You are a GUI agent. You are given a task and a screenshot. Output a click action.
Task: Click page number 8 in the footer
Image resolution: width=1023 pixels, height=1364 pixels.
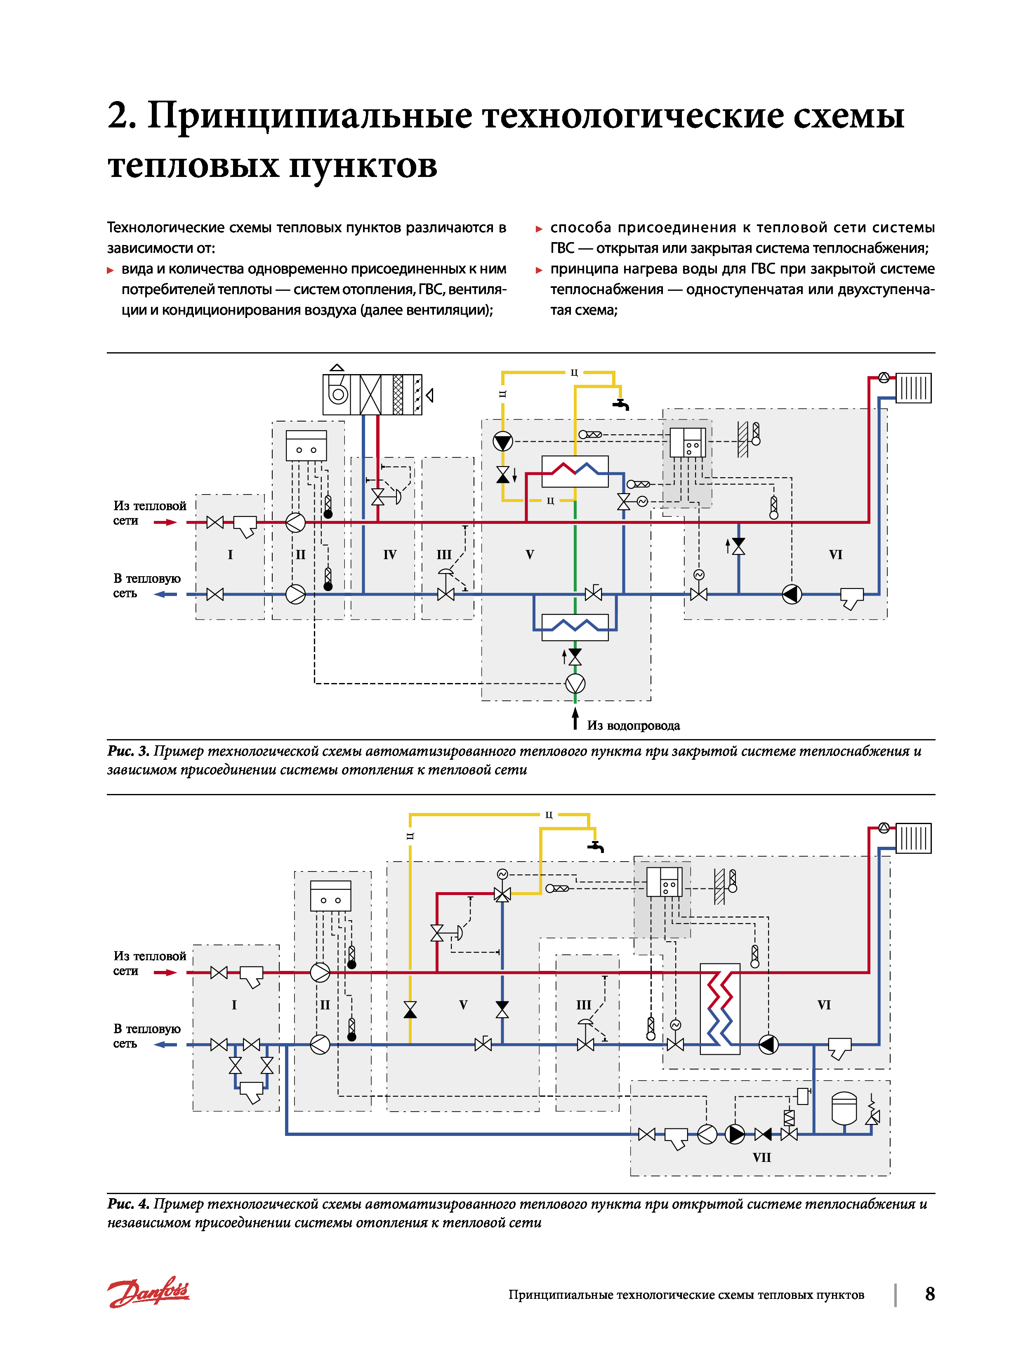click(930, 1294)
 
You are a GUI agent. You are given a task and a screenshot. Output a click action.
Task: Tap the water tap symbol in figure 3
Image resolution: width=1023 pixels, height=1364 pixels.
click(622, 404)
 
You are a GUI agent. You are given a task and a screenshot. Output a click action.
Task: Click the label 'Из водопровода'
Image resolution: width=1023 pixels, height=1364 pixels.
click(633, 726)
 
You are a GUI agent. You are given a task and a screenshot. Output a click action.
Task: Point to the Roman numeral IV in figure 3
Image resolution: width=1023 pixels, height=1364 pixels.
click(390, 554)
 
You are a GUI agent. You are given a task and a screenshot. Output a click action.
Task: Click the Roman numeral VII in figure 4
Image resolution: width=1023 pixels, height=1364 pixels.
click(761, 1157)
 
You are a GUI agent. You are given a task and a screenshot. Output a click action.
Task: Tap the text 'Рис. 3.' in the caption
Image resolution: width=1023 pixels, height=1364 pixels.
click(128, 751)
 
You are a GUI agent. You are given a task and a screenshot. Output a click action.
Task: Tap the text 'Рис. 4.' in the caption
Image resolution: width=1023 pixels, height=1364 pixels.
click(128, 1204)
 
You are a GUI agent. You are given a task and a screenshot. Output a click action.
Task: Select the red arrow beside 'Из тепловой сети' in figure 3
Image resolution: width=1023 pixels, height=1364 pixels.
click(165, 522)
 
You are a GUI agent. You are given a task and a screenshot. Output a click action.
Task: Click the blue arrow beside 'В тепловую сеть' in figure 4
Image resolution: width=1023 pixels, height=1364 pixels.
click(165, 1045)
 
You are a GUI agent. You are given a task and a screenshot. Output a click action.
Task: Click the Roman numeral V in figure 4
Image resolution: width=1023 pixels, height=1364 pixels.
click(463, 1004)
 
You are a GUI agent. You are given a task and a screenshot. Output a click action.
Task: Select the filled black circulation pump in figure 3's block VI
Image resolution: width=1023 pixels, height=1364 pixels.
click(792, 594)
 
